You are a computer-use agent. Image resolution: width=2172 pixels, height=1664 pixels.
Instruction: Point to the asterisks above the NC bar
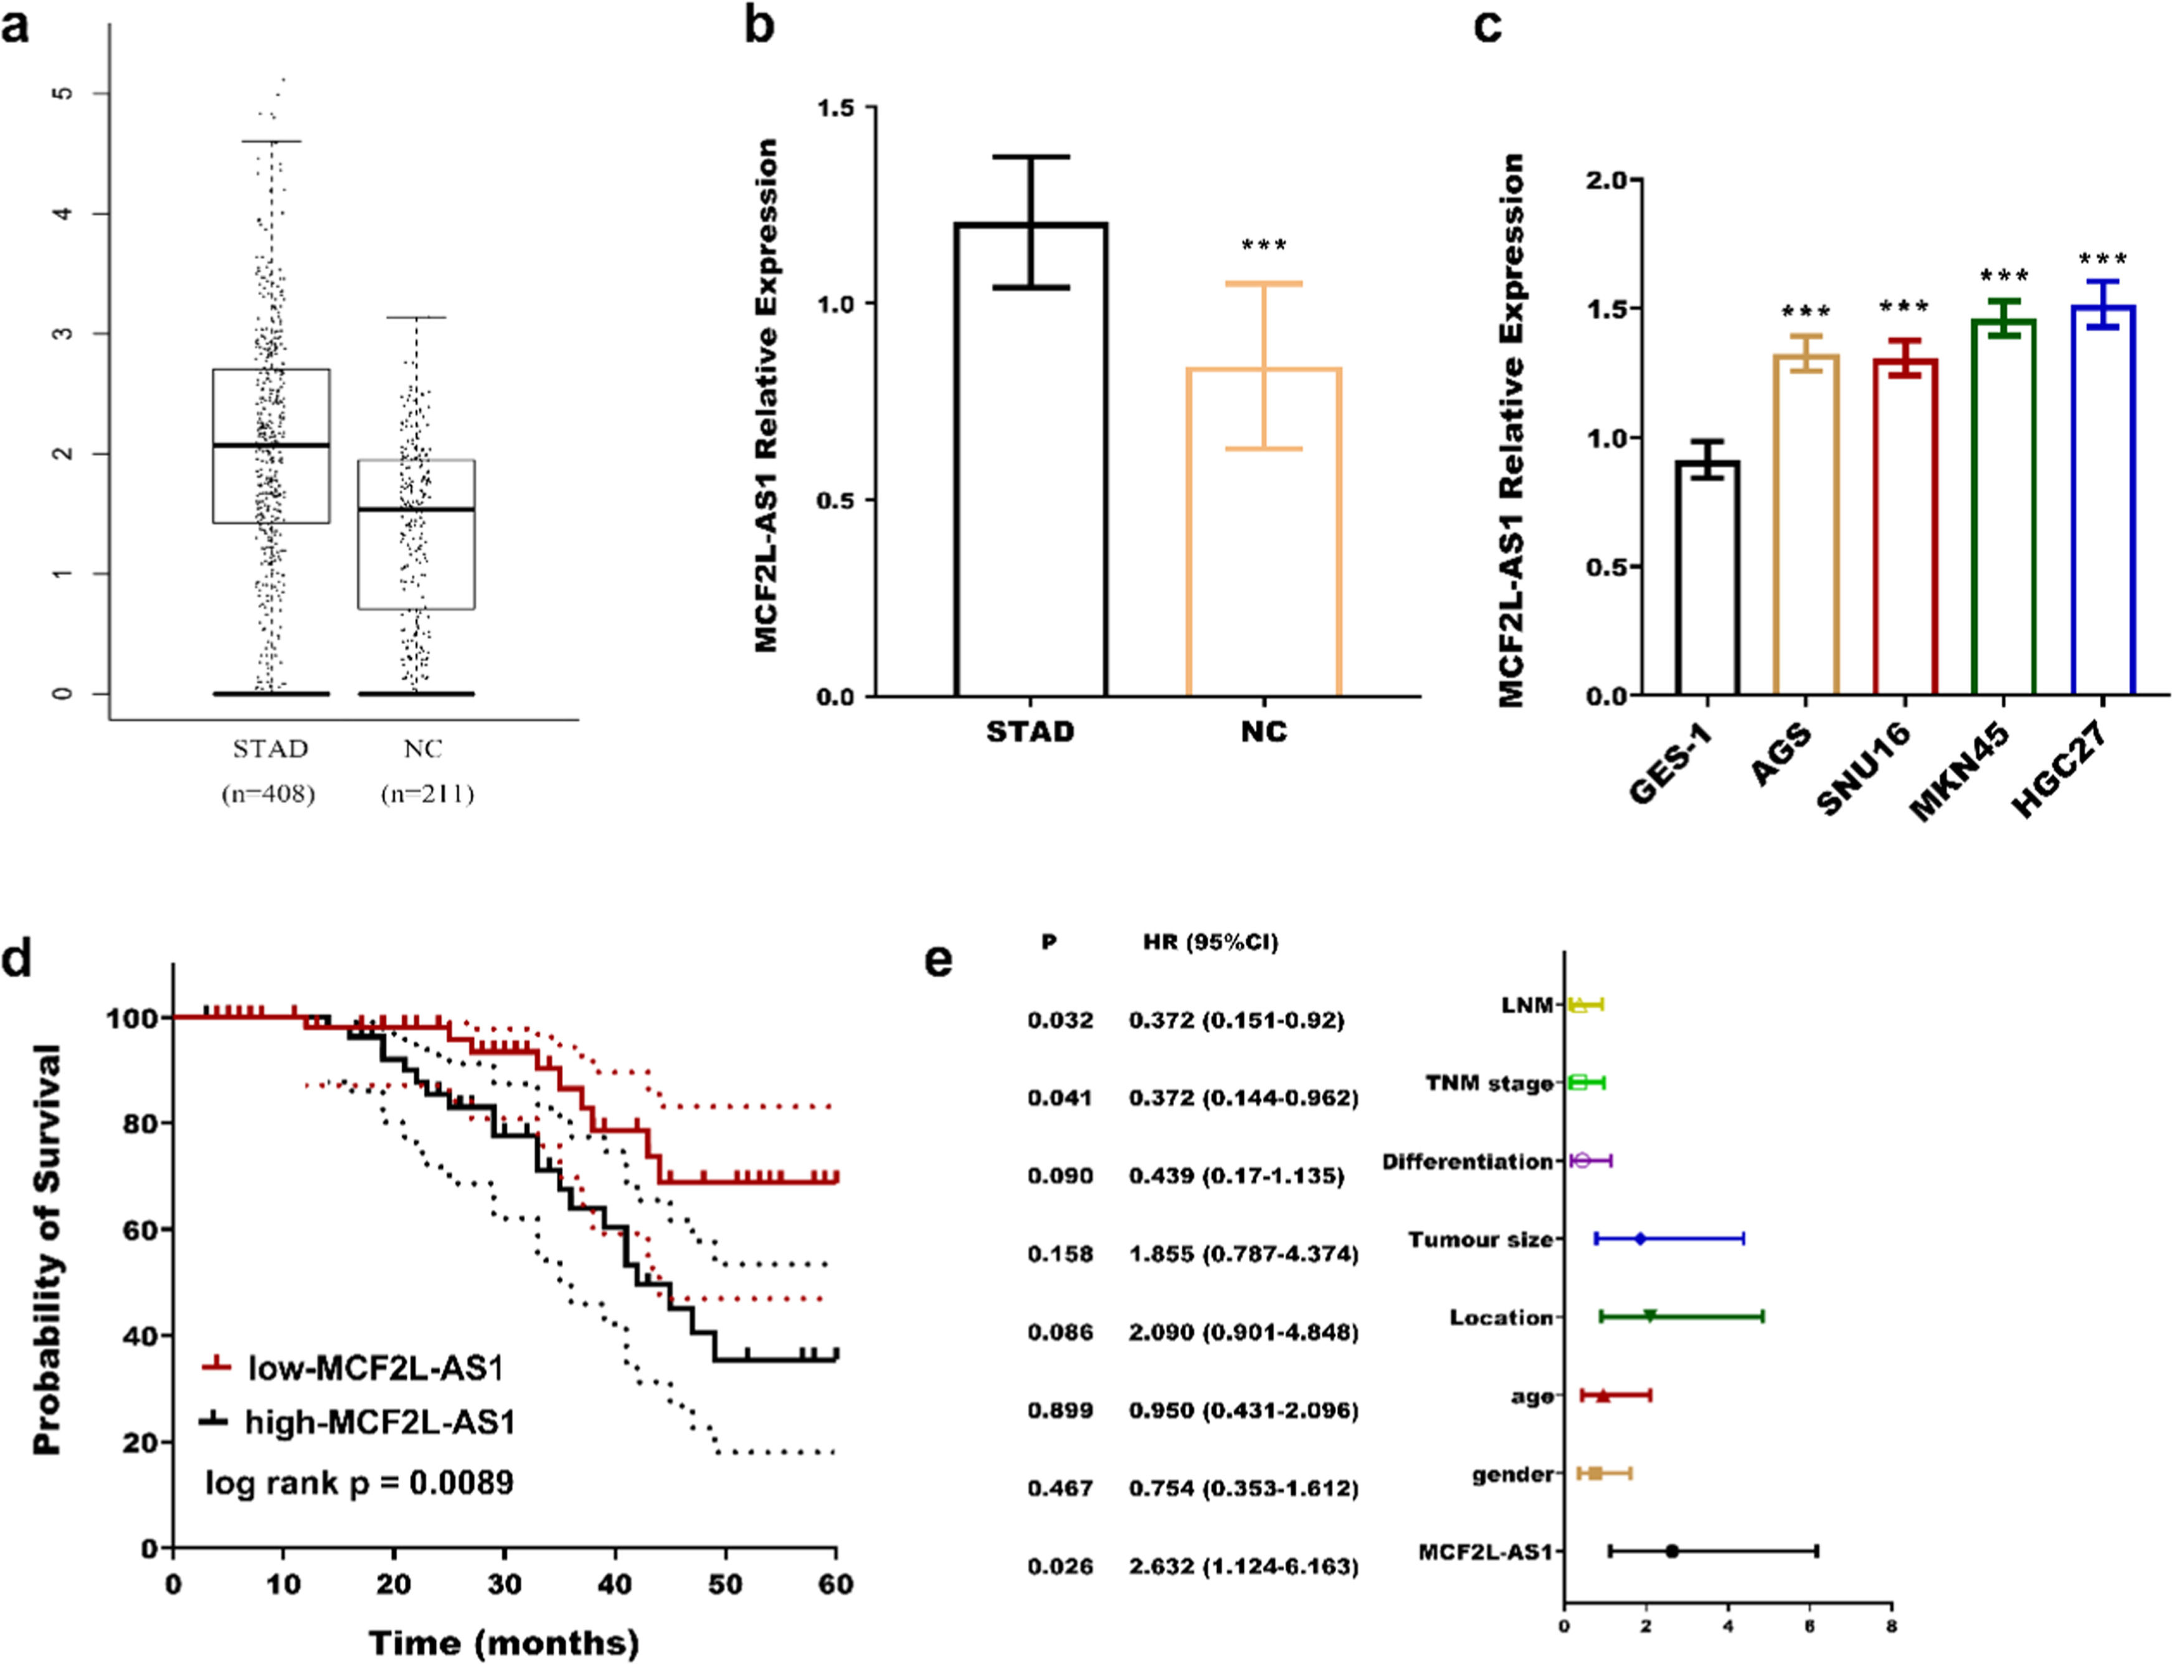click(1264, 245)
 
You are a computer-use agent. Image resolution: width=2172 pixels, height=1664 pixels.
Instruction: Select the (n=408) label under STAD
click(267, 794)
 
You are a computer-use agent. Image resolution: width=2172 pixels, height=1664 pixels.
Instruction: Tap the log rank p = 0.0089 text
click(359, 1483)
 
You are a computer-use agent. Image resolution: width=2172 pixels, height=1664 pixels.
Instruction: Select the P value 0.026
click(1060, 1566)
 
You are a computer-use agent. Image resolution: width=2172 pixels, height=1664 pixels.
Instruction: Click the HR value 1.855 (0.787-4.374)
click(1243, 1254)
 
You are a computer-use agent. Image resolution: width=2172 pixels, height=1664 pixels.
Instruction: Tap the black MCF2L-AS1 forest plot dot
click(1672, 1551)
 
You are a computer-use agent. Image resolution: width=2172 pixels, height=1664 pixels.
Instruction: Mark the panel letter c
click(1487, 26)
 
